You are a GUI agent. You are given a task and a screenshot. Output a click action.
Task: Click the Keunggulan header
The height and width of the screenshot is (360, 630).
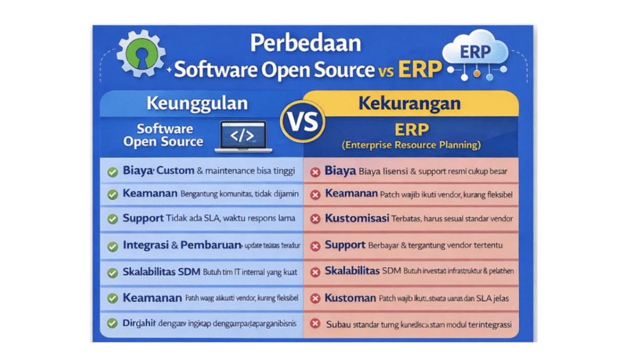tap(197, 103)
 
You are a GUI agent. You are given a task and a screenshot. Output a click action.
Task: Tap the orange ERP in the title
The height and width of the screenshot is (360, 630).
tap(420, 70)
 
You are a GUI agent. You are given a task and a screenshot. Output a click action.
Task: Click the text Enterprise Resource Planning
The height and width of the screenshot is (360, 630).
tap(411, 146)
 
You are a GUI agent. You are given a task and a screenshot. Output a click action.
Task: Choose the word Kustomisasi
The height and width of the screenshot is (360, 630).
tap(356, 218)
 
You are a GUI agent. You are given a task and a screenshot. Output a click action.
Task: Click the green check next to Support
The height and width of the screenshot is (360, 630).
tap(113, 219)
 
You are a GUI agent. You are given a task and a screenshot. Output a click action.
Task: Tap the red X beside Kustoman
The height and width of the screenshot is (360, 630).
tap(315, 298)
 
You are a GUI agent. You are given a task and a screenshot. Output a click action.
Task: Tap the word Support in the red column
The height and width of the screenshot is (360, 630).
tap(345, 245)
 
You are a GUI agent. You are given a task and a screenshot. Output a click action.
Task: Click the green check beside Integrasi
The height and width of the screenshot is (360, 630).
tap(113, 246)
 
